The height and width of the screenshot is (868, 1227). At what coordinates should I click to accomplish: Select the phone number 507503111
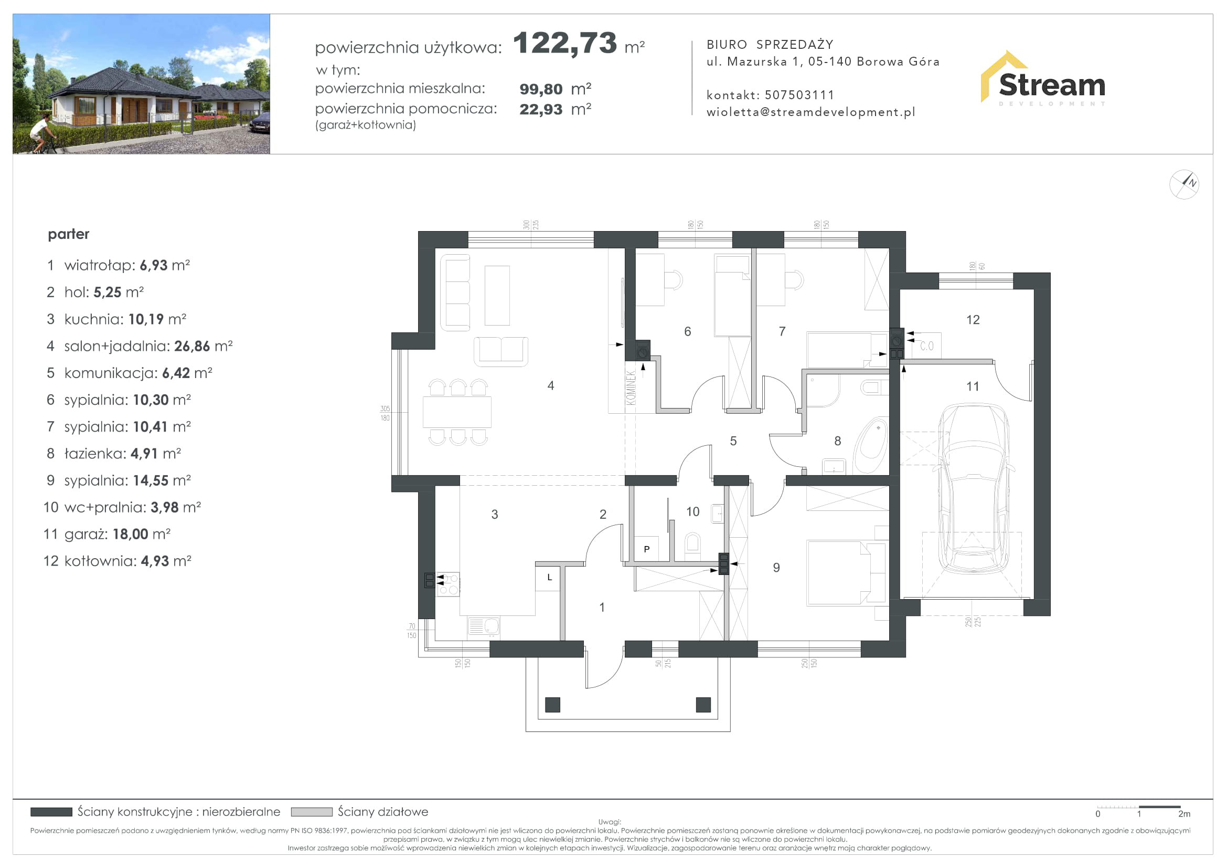pos(799,95)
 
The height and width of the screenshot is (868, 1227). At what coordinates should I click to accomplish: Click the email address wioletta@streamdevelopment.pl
pos(810,112)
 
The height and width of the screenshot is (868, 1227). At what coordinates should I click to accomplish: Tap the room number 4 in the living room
pos(551,385)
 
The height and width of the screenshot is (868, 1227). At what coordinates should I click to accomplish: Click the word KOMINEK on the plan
pos(631,388)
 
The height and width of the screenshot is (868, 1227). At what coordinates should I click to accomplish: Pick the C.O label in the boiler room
pos(926,346)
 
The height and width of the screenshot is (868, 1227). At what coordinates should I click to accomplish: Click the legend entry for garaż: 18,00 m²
pos(107,534)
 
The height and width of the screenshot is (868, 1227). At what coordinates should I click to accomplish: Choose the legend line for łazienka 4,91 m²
pos(114,454)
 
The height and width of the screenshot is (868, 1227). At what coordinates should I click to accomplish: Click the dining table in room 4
pos(457,412)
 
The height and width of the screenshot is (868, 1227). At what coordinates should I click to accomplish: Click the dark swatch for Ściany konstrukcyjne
pos(51,812)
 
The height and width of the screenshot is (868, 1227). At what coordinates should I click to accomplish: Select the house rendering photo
pos(142,84)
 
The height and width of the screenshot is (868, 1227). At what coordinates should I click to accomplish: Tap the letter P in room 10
pos(647,549)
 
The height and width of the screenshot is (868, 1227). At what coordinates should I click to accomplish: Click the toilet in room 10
pos(692,543)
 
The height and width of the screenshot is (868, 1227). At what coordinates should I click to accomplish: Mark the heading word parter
pos(68,234)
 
